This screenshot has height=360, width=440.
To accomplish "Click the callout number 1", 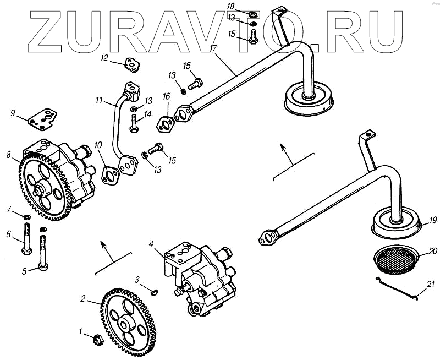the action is pos(80,331).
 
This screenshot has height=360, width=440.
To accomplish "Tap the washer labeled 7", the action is pos(26,215).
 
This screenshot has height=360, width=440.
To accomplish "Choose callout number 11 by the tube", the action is pos(99,101).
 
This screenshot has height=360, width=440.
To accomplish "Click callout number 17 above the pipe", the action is pos(212,48).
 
